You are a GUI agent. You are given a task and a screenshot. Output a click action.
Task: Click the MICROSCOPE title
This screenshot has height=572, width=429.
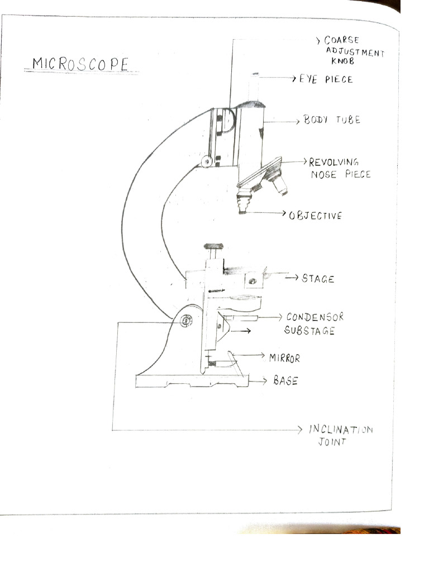[x=80, y=64]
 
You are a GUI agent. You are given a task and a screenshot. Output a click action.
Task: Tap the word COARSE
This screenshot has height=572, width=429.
[x=341, y=40]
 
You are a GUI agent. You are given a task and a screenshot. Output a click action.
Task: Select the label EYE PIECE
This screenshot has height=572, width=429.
[x=326, y=79]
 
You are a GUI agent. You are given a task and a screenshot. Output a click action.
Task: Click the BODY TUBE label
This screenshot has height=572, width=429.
[x=332, y=120]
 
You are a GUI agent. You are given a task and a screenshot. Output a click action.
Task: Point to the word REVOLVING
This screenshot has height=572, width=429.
[x=334, y=162]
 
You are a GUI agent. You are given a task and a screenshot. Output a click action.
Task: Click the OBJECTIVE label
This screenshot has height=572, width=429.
[x=316, y=216]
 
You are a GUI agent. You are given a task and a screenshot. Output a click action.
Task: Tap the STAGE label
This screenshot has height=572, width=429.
[x=318, y=279]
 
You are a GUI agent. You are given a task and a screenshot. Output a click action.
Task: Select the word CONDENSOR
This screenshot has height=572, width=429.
[x=315, y=317]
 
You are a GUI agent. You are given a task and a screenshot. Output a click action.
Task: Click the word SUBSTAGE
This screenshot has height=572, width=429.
[x=309, y=331]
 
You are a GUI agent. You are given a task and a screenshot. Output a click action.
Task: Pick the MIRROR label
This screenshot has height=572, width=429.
[x=284, y=358]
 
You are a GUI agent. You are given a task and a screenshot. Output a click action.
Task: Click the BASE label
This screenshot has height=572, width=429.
[x=285, y=381]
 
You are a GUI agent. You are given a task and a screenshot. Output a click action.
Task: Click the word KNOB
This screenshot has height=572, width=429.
[x=342, y=61]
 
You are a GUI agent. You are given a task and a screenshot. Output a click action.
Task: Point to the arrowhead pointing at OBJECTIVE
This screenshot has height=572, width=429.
[x=283, y=213]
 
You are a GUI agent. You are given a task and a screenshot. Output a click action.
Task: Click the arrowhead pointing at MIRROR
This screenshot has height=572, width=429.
[x=262, y=355]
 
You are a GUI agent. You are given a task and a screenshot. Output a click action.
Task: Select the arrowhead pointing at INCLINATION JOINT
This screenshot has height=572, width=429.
[x=299, y=430]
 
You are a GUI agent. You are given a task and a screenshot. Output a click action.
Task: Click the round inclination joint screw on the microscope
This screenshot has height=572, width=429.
[x=187, y=321]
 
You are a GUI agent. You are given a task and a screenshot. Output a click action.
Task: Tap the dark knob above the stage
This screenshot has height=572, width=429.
[x=213, y=246]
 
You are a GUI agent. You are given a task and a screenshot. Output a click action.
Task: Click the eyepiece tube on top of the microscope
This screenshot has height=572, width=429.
[x=254, y=88]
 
